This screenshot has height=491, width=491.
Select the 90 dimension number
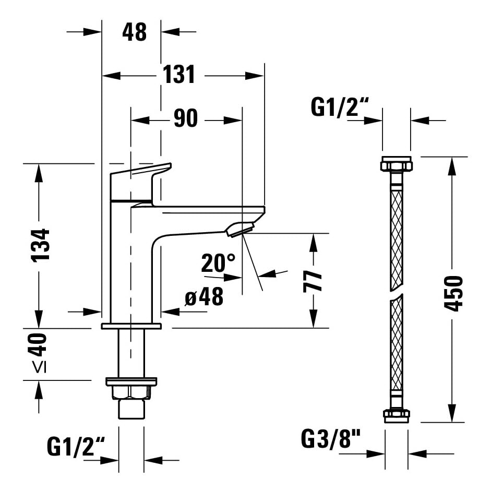pyautogui.click(x=186, y=119)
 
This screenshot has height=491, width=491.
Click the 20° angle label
pyautogui.click(x=219, y=263)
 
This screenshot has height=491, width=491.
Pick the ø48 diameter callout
pyautogui.click(x=204, y=297)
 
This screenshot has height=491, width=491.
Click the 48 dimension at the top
pyautogui.click(x=134, y=32)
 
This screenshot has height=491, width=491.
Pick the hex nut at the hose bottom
pyautogui.click(x=397, y=416)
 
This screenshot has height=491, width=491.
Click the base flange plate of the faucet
pyautogui.click(x=131, y=326)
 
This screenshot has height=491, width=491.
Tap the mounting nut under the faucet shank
pyautogui.click(x=131, y=392)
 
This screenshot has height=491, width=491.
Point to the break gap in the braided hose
pyautogui.click(x=397, y=293)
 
